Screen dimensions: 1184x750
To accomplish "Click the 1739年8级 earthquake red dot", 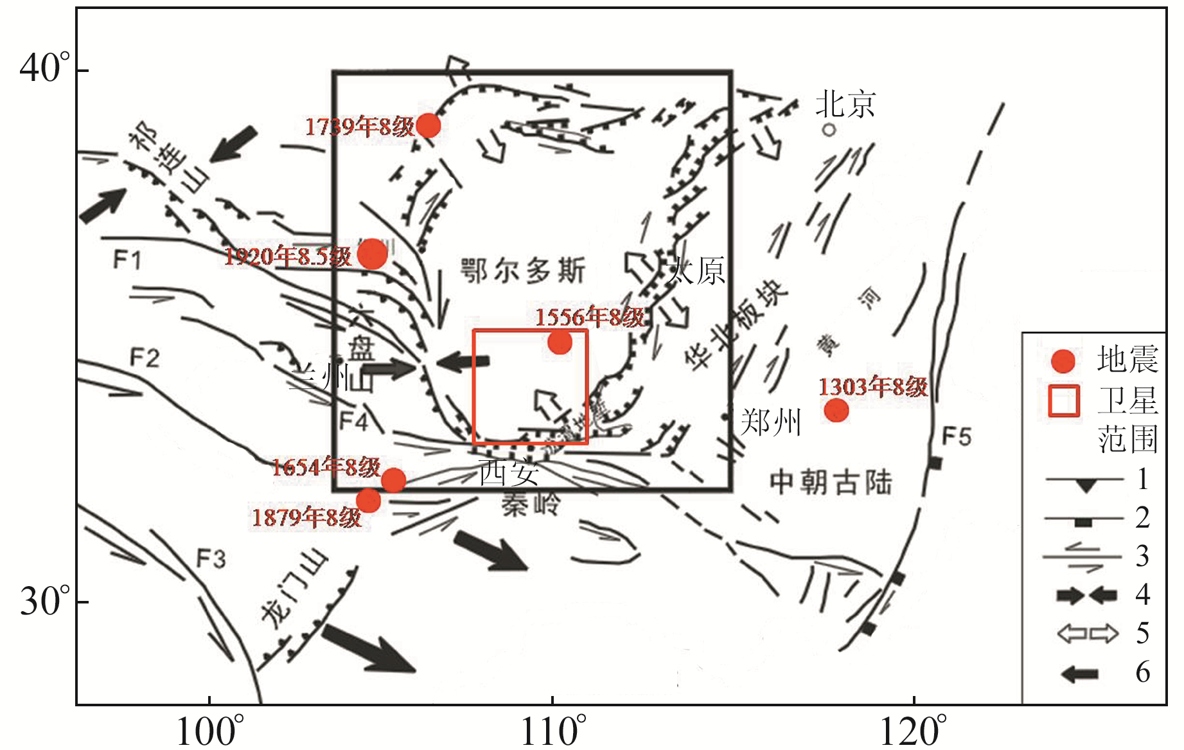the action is [429, 125].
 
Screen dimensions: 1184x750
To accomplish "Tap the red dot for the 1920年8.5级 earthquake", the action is [372, 254].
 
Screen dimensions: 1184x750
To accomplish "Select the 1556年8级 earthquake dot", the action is [560, 343].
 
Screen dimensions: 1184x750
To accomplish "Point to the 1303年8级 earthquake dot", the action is [836, 409].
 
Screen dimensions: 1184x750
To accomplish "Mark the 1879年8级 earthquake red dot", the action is [368, 500].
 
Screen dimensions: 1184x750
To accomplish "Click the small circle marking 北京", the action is [829, 130].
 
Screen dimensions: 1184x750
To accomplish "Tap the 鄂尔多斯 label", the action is [523, 271].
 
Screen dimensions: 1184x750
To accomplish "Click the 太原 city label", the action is [696, 271].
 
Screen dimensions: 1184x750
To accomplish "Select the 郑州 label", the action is [771, 422].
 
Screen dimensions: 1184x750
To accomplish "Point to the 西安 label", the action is [509, 473].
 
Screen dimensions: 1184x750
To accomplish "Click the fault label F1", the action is [127, 260].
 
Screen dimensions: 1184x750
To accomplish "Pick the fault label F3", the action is [211, 558].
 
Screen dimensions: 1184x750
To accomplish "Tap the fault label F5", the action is [956, 437].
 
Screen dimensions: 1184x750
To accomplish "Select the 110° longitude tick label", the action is [553, 731].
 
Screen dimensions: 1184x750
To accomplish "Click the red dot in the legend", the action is [1063, 361].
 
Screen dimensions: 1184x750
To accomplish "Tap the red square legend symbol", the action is [1063, 400].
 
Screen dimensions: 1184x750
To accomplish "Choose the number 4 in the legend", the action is [1142, 594].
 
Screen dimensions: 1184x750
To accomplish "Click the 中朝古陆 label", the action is [831, 482].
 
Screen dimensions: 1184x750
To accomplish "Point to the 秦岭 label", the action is [531, 505].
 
